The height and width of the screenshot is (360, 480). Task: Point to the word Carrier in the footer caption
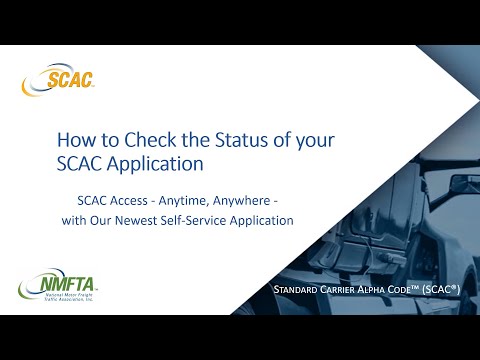[346, 291]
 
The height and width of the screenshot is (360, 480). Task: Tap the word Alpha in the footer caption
[384, 291]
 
